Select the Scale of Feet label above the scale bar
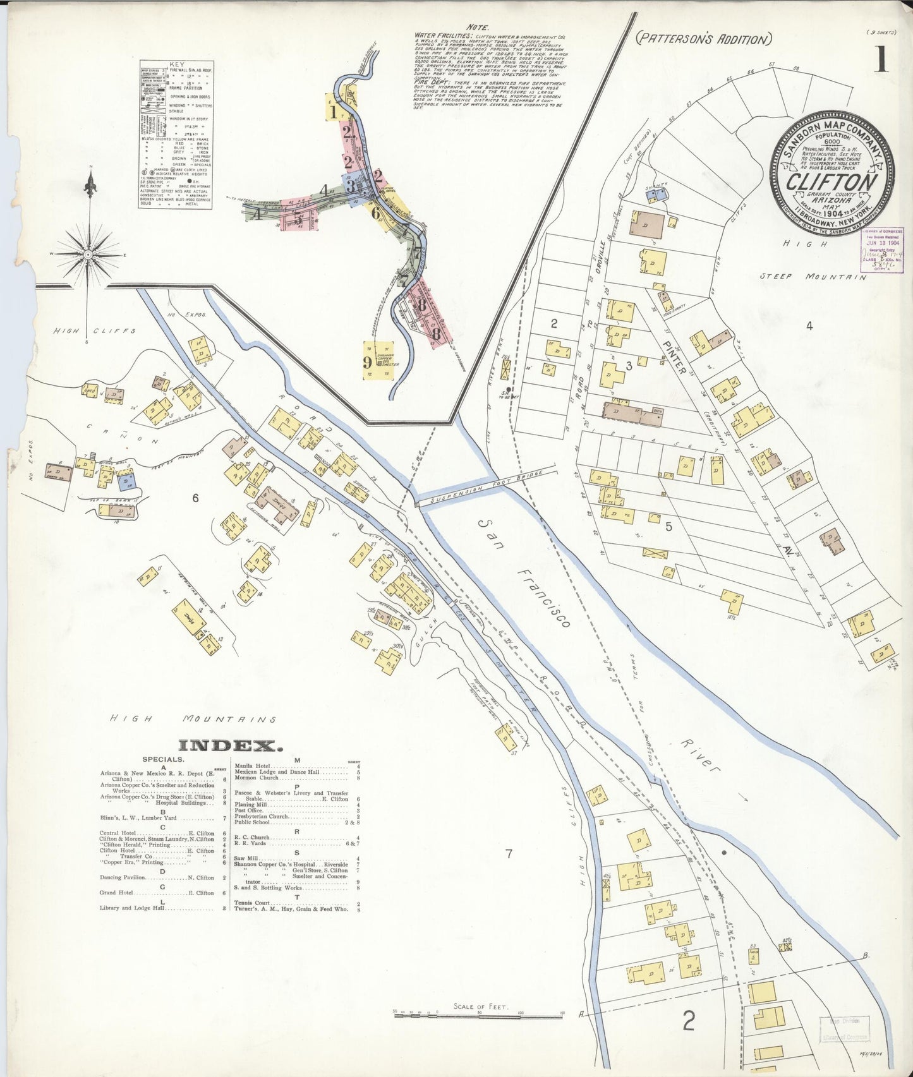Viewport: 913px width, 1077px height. pos(480,1006)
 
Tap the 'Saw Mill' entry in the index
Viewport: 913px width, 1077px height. pos(244,858)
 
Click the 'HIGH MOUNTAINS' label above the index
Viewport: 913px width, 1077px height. pos(193,719)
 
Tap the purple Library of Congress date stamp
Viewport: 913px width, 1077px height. pos(882,250)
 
